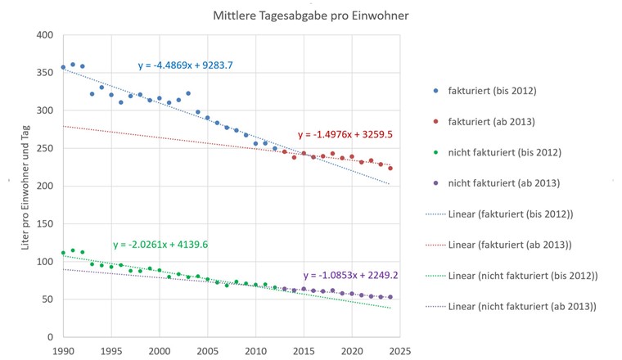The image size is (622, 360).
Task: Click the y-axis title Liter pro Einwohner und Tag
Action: click(27, 187)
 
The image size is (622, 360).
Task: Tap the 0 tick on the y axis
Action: click(51, 337)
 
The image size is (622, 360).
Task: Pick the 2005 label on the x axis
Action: click(207, 351)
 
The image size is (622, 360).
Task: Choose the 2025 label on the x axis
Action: click(400, 351)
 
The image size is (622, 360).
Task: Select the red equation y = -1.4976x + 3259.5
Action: click(343, 133)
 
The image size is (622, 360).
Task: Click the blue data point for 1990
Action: click(63, 67)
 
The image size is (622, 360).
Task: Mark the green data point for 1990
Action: click(63, 253)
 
